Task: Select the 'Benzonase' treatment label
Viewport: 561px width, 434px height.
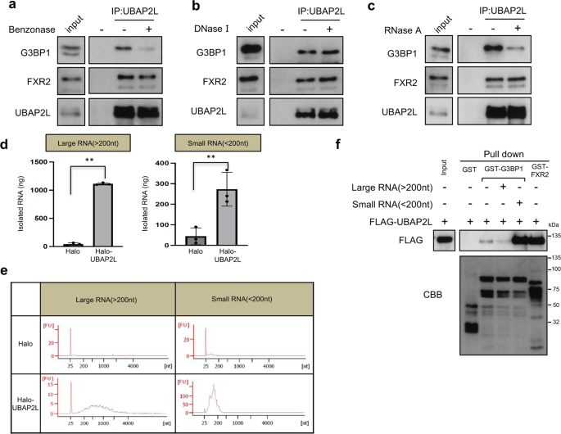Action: tap(30, 29)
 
